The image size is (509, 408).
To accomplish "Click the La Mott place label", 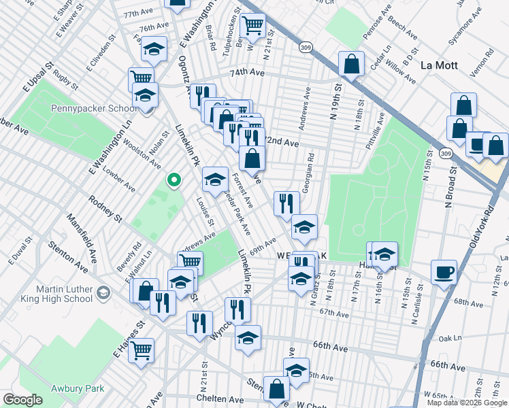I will [x=441, y=66].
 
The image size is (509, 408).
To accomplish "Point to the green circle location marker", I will [x=174, y=180].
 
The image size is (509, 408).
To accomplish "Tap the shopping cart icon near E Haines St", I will [x=142, y=350].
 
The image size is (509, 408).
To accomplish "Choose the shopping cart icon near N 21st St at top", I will [x=252, y=25].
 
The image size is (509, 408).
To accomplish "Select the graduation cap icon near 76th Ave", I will [x=154, y=49].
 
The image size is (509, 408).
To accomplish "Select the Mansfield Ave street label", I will [x=82, y=231].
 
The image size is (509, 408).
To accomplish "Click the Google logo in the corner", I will [x=23, y=400].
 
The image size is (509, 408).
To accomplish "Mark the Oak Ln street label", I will [x=450, y=338].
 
